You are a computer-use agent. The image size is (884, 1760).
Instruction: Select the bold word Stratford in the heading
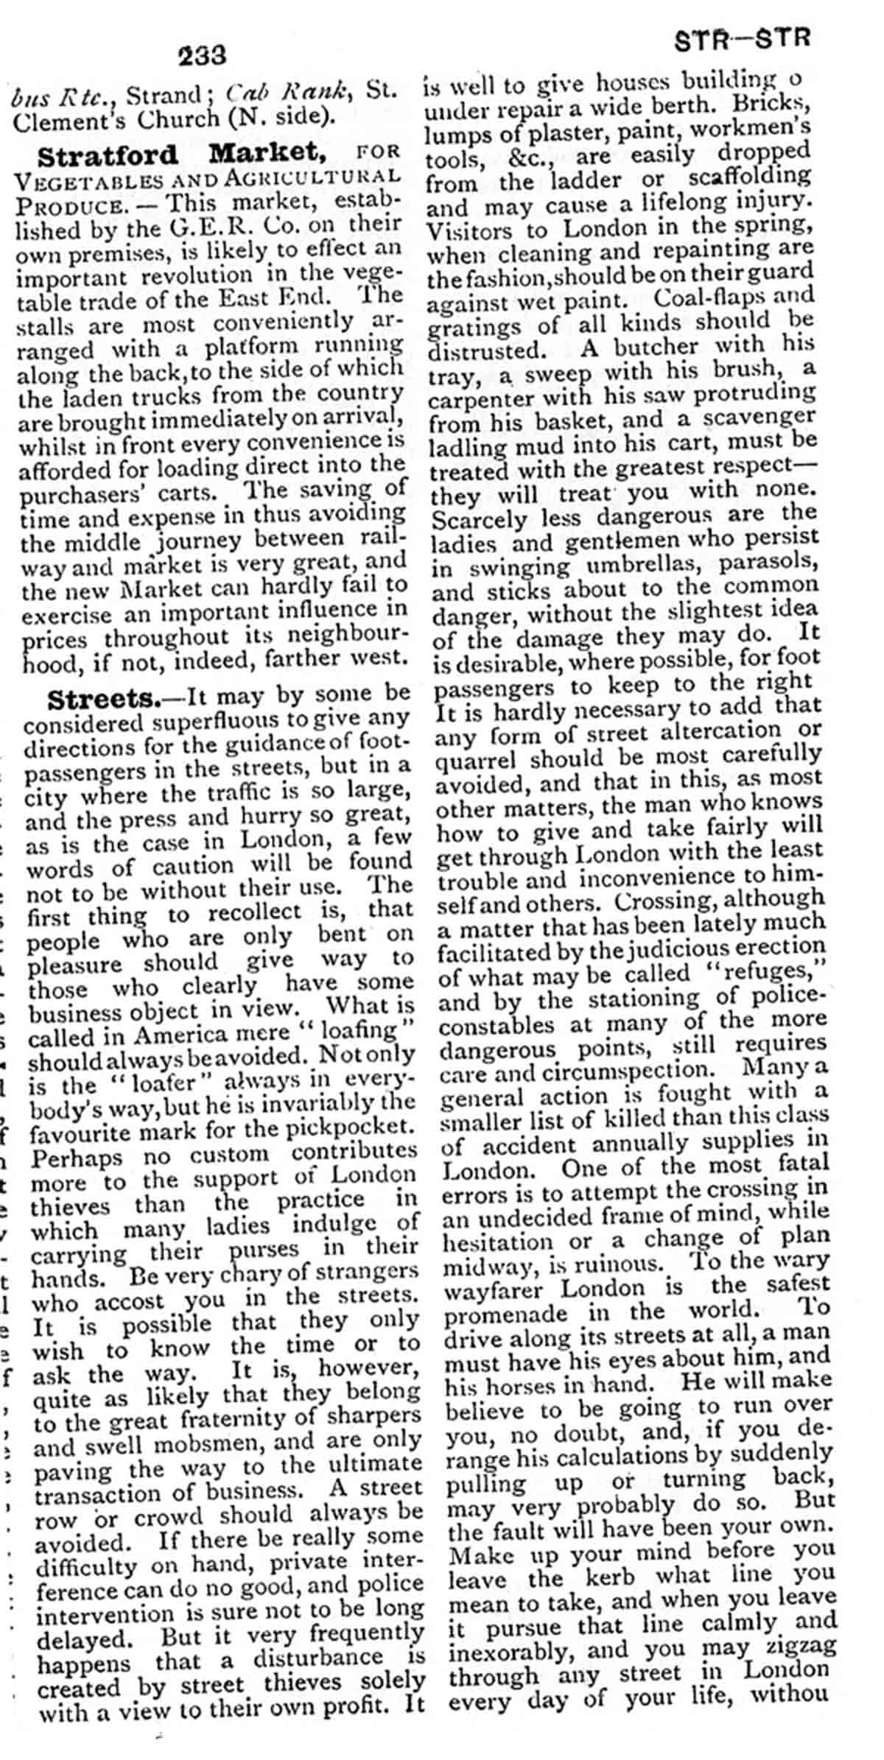108,155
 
